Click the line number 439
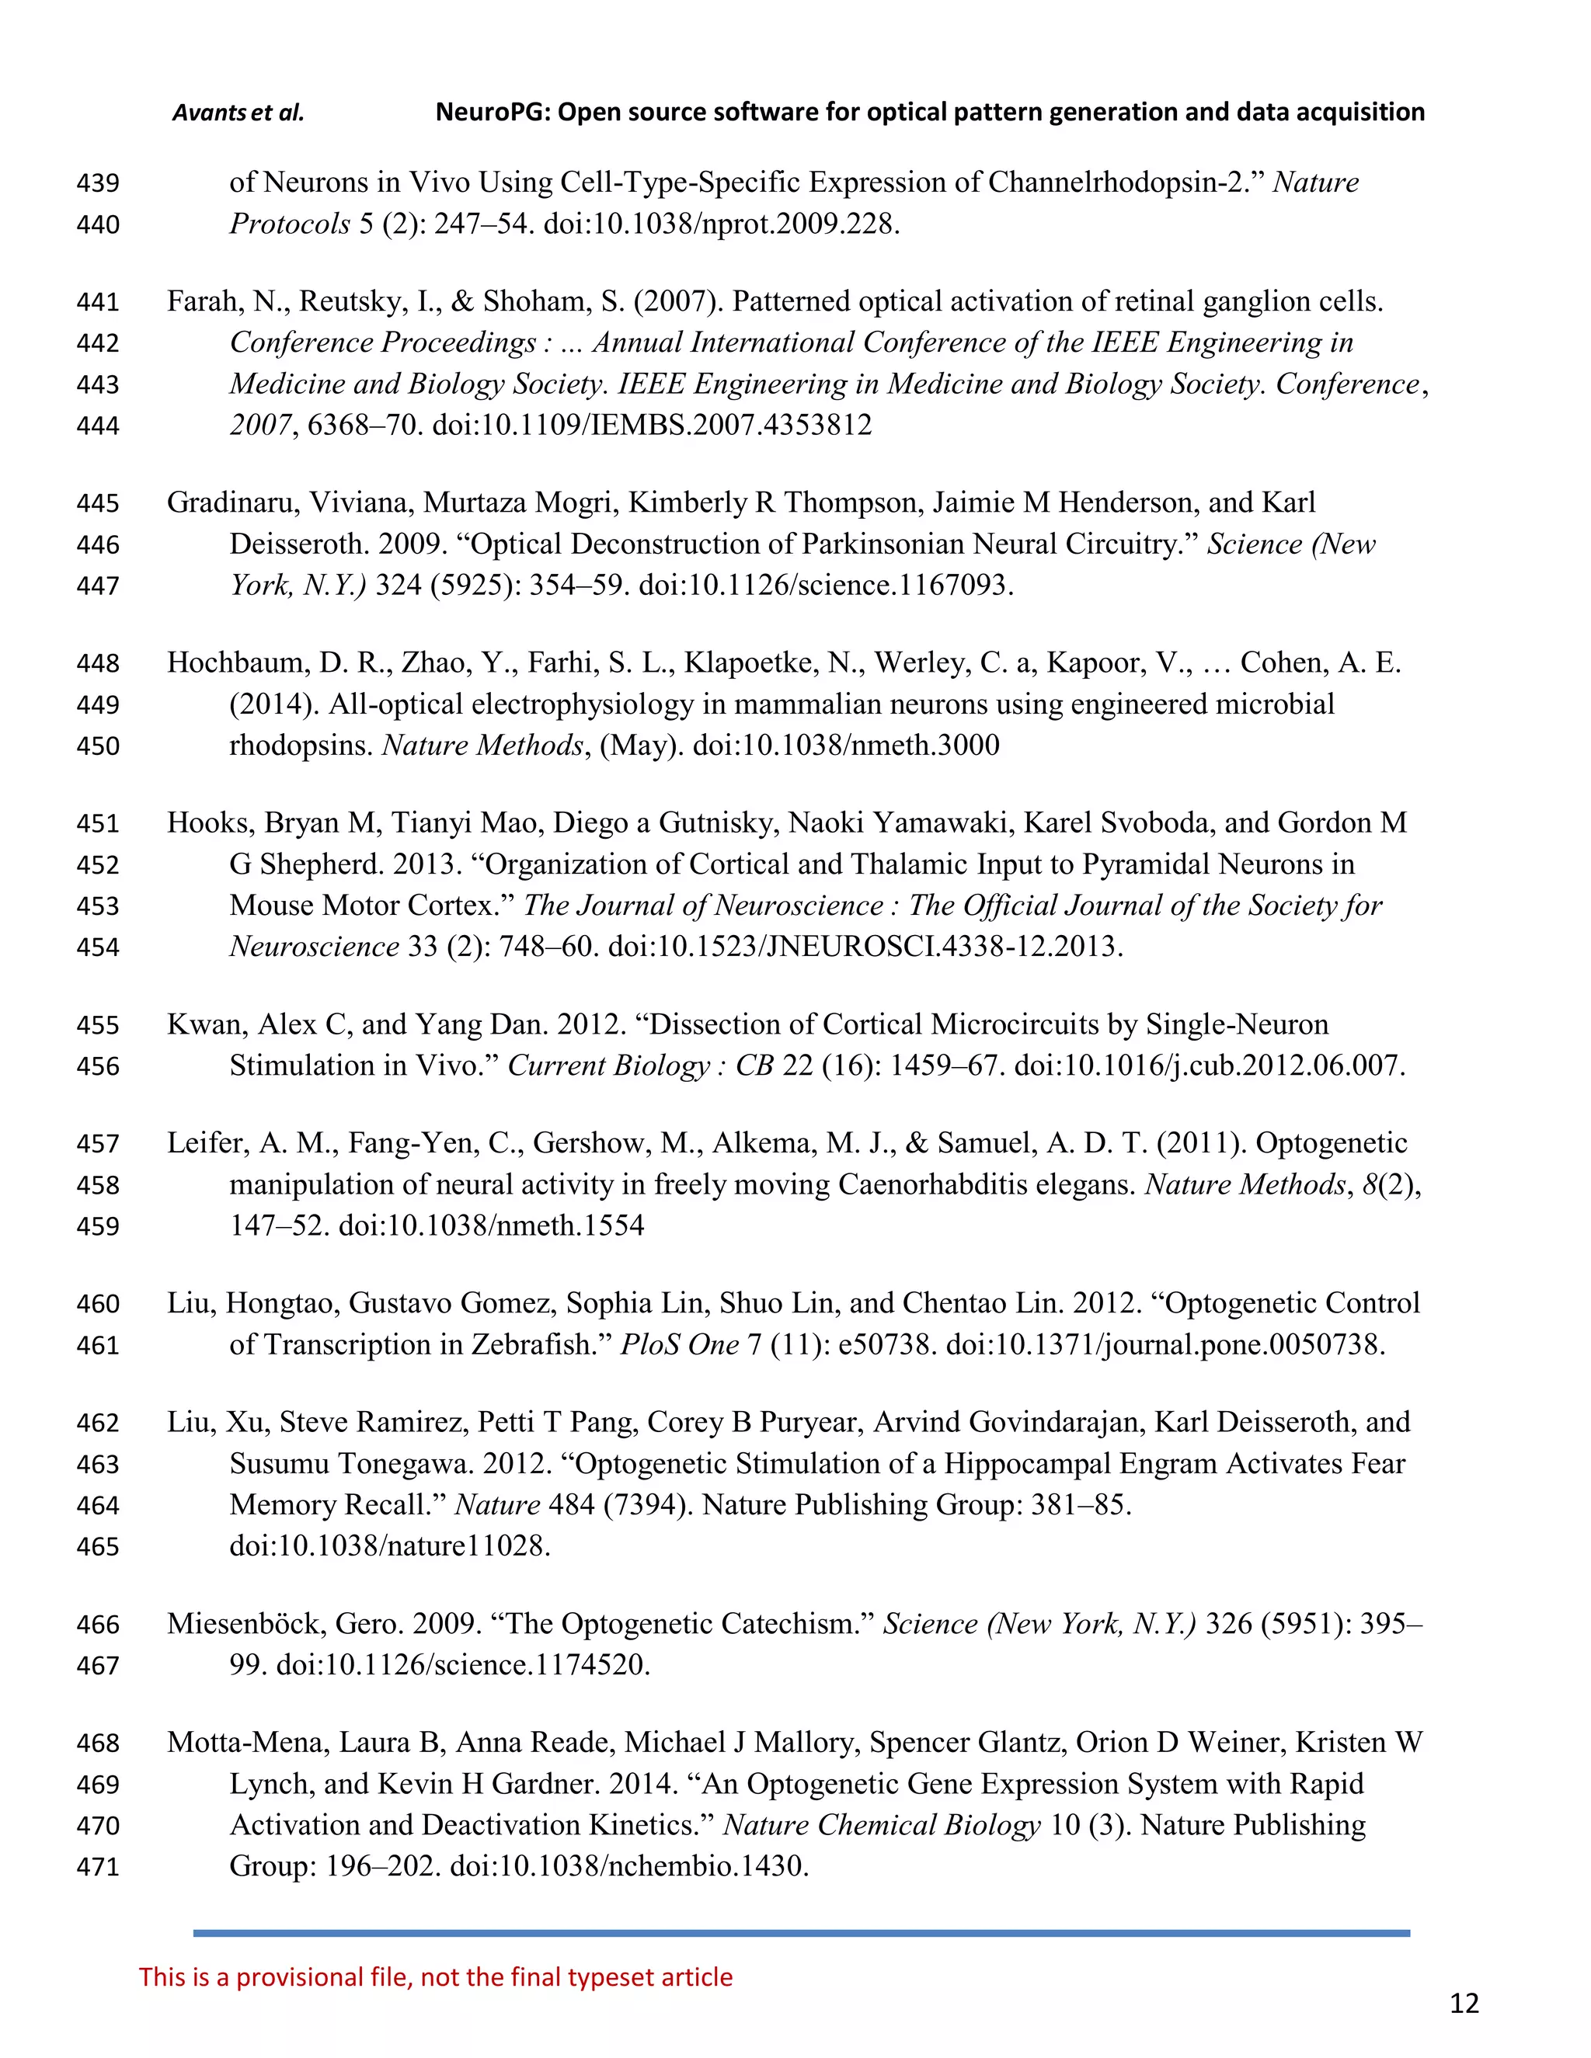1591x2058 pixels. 98,183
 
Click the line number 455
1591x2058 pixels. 98,1025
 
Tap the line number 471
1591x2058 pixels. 98,1867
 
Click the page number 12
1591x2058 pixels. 1464,2004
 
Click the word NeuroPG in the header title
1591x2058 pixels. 490,113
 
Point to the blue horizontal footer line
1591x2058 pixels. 801,1933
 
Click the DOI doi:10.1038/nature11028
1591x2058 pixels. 389,1546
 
